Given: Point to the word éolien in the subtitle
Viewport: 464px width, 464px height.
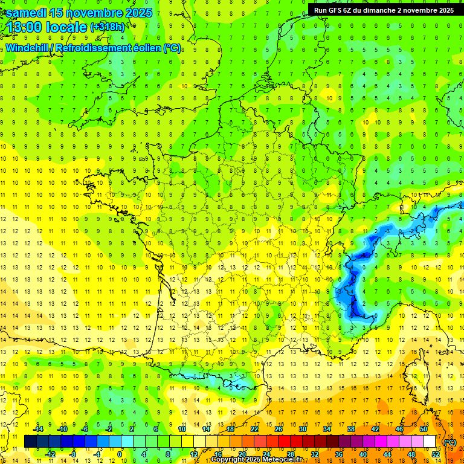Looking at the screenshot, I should pyautogui.click(x=147, y=48).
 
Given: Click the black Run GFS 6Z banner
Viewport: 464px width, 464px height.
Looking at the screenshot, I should pyautogui.click(x=384, y=10).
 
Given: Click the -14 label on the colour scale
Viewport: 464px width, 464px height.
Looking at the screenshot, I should pyautogui.click(x=39, y=429).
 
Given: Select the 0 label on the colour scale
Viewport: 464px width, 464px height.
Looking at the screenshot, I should pyautogui.click(x=119, y=454).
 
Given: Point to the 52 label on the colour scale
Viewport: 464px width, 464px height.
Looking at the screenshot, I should pyautogui.click(x=436, y=454).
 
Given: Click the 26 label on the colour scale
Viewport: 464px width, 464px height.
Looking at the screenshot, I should pyautogui.click(x=279, y=429).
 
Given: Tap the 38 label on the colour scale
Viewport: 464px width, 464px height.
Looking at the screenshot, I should pyautogui.click(x=351, y=429).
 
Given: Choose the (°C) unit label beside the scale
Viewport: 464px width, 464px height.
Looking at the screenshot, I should pyautogui.click(x=449, y=442).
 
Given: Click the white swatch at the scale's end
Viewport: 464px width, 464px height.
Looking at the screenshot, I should pyautogui.click(x=430, y=441).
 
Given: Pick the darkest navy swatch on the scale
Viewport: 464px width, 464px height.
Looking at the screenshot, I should pyautogui.click(x=30, y=441).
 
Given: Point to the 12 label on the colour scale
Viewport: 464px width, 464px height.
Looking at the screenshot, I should pyautogui.click(x=194, y=454).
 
